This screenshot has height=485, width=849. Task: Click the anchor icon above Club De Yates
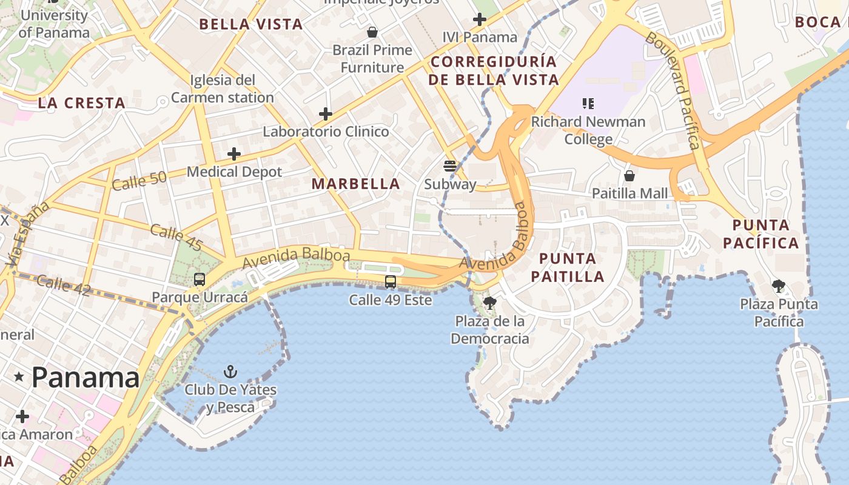pyautogui.click(x=230, y=371)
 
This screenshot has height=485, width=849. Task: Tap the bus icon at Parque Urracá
pyautogui.click(x=200, y=279)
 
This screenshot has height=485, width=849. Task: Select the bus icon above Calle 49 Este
pyautogui.click(x=391, y=282)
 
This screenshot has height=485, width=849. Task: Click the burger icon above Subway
pyautogui.click(x=449, y=166)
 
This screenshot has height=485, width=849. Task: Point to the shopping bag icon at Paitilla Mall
pyautogui.click(x=629, y=176)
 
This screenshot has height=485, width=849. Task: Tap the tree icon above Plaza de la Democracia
pyautogui.click(x=490, y=303)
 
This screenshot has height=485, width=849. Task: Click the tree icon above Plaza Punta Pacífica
pyautogui.click(x=779, y=286)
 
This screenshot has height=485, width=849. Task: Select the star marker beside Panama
pyautogui.click(x=19, y=377)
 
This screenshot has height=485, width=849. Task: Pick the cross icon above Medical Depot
pyautogui.click(x=234, y=154)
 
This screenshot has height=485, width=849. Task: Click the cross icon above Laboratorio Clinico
pyautogui.click(x=326, y=113)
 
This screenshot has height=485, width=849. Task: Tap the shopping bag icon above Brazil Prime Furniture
pyautogui.click(x=372, y=32)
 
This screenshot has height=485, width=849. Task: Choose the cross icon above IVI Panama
pyautogui.click(x=480, y=19)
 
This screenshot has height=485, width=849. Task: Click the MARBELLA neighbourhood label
pyautogui.click(x=356, y=184)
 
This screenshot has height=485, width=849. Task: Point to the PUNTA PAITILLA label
pyautogui.click(x=568, y=267)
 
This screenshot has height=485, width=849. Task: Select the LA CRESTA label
pyautogui.click(x=82, y=103)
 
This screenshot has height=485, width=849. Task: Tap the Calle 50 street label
pyautogui.click(x=139, y=181)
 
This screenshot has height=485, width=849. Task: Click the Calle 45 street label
pyautogui.click(x=176, y=237)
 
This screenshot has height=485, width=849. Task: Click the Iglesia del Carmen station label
pyautogui.click(x=223, y=89)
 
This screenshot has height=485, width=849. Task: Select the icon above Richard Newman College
pyautogui.click(x=588, y=104)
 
